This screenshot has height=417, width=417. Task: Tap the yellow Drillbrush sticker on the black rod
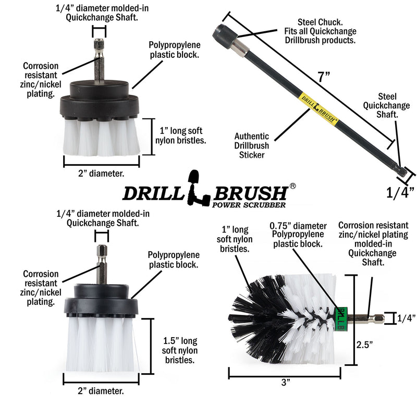[x=317, y=108]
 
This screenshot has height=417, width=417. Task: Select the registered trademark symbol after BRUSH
[x=293, y=186]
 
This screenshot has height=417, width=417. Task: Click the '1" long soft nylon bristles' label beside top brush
[x=180, y=135]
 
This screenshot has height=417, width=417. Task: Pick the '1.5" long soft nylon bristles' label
[x=179, y=350]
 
